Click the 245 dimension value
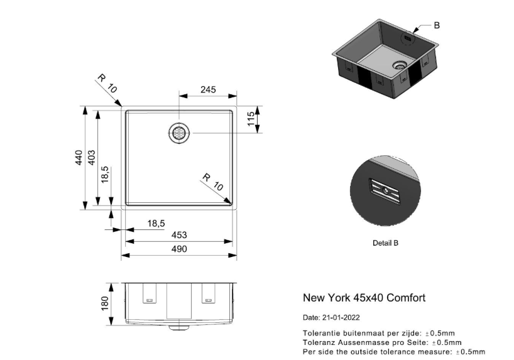[x=208, y=89]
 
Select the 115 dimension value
[x=251, y=119]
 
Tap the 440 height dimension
[x=78, y=158]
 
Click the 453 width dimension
[x=179, y=235]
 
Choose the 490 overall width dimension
[x=179, y=249]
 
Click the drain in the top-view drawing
[x=178, y=134]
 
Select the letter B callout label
[x=437, y=25]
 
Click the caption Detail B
[x=385, y=243]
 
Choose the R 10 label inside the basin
[x=213, y=182]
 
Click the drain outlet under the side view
[x=178, y=327]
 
